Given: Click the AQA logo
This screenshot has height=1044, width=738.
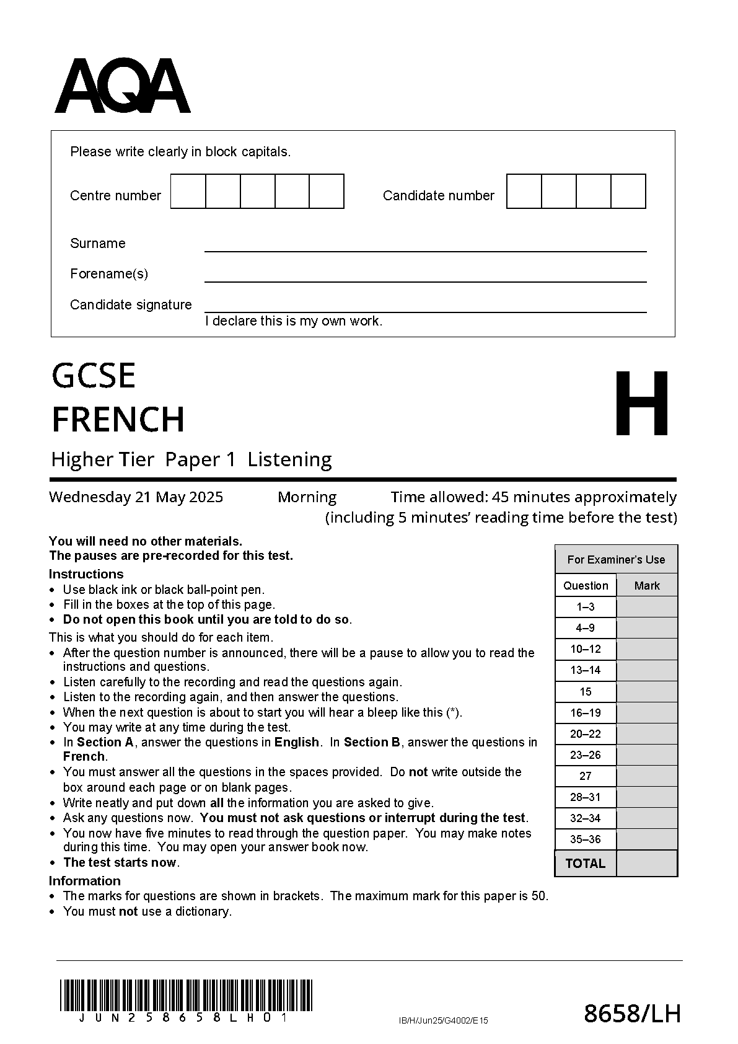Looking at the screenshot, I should tap(122, 87).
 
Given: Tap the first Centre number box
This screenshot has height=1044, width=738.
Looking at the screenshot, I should tap(188, 192).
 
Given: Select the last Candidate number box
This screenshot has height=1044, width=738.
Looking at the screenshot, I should tap(628, 192).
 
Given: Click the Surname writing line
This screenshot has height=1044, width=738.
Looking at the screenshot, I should tap(425, 246).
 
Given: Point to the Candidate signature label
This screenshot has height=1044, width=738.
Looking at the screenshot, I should tap(131, 305).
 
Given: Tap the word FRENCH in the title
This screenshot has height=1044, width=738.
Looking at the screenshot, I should tap(118, 420).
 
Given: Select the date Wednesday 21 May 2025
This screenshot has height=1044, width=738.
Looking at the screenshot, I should tap(136, 497).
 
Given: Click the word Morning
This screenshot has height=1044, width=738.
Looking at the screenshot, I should tap(307, 497).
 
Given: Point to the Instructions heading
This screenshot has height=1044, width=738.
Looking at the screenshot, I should tap(86, 574).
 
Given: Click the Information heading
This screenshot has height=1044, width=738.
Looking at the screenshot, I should tap(85, 881).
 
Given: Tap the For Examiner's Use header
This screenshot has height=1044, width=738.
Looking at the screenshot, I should tap(616, 560).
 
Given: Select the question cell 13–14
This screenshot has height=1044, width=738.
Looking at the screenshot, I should tap(586, 671).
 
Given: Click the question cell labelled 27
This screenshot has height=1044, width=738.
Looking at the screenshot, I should tap(586, 776).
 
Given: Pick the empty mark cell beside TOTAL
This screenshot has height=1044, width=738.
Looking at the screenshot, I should tap(646, 864).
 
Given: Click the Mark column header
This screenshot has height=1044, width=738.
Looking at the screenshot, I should tap(647, 586).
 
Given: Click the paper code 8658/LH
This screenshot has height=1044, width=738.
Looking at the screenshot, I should tap(632, 1014).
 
